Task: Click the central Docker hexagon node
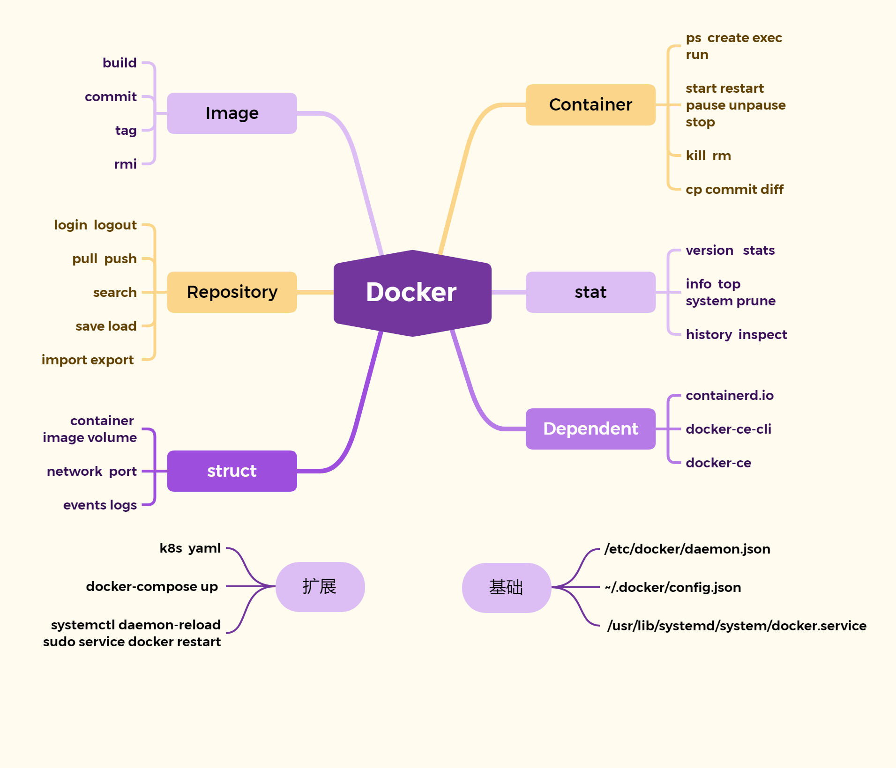(x=412, y=293)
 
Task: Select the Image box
(x=232, y=113)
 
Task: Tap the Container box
(x=590, y=105)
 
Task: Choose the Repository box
(x=232, y=292)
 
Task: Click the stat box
(x=590, y=292)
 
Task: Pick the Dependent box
(x=590, y=429)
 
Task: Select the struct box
(x=232, y=471)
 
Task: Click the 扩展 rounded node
(x=320, y=587)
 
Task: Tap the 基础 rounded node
(x=506, y=588)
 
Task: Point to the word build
(x=119, y=63)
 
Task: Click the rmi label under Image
(x=125, y=164)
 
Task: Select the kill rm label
(x=708, y=155)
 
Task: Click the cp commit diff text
(x=734, y=189)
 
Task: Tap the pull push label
(x=105, y=258)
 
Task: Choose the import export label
(x=88, y=360)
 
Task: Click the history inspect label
(x=736, y=334)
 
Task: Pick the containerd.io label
(x=730, y=395)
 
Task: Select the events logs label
(x=100, y=505)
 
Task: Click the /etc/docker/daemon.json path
(x=687, y=549)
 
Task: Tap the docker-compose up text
(x=152, y=586)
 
